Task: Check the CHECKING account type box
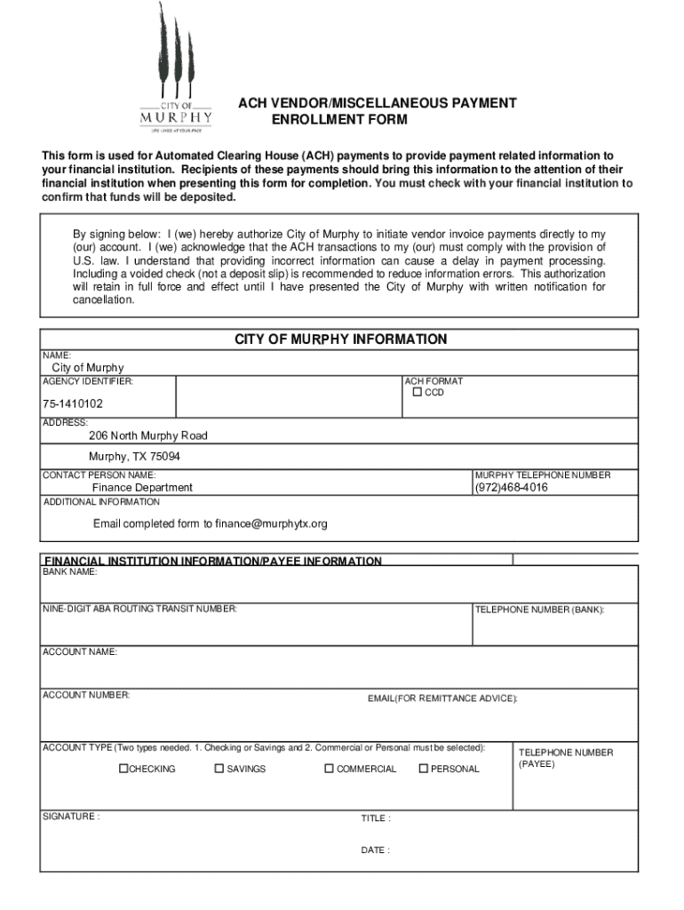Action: pos(124,769)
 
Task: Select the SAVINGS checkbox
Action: pos(219,769)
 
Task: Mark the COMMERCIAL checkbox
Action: pos(329,769)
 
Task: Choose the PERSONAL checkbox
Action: pos(424,769)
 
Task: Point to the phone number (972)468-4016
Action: pos(511,488)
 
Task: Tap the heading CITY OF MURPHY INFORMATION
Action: pos(340,339)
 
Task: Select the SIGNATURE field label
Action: pos(71,816)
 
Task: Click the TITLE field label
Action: pos(375,818)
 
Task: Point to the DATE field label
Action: pos(375,850)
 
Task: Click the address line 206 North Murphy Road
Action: pos(147,436)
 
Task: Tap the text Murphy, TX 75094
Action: pos(134,457)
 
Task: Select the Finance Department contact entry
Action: pos(142,488)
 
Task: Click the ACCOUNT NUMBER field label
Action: pos(86,694)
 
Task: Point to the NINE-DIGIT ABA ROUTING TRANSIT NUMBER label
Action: pos(139,609)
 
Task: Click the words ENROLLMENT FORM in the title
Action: pos(338,120)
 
